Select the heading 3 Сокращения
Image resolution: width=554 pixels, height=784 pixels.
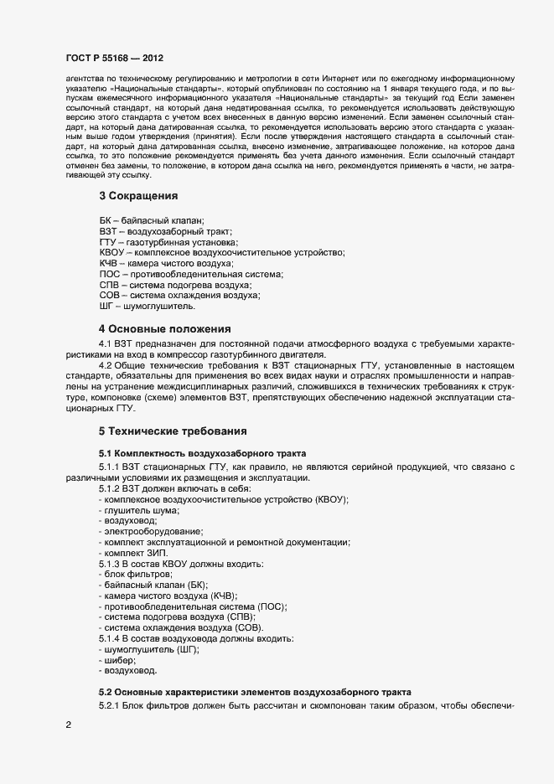pyautogui.click(x=139, y=196)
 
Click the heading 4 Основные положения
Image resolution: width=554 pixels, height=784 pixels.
pyautogui.click(x=165, y=328)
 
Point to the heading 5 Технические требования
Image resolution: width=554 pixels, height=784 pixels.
pyautogui.click(x=173, y=431)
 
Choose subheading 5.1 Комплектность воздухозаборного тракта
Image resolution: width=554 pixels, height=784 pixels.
pyautogui.click(x=197, y=453)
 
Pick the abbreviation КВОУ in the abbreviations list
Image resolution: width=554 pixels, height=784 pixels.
pyautogui.click(x=111, y=252)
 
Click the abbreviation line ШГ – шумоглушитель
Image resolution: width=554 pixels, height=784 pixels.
pyautogui.click(x=147, y=307)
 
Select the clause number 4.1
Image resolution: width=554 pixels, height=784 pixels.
pyautogui.click(x=106, y=344)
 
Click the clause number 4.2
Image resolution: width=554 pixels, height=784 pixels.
pyautogui.click(x=106, y=366)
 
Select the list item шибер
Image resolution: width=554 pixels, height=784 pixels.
pyautogui.click(x=118, y=661)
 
